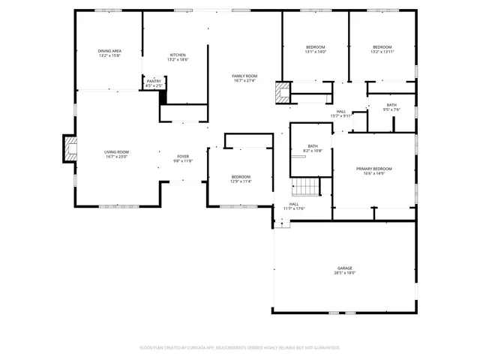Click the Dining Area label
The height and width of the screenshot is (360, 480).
tap(109, 51)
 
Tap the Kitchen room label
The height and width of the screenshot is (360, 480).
tap(178, 55)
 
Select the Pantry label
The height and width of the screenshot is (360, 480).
tap(154, 81)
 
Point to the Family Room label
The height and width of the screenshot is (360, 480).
tap(244, 76)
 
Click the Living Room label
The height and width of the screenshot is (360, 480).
tap(116, 152)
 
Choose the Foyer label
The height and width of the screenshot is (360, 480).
tap(183, 156)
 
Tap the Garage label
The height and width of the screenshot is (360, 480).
tap(344, 268)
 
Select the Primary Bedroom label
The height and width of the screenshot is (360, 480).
tap(373, 169)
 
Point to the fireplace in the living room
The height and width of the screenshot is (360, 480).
tap(69, 148)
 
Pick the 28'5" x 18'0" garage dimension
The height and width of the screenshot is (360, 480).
tap(344, 273)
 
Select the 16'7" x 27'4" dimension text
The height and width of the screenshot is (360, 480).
tap(244, 81)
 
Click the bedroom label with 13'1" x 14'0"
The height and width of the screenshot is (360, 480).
tap(316, 47)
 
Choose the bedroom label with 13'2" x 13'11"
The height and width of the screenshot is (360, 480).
tap(382, 47)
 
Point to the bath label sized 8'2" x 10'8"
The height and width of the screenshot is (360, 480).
tap(313, 146)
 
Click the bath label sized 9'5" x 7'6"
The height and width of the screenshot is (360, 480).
tap(391, 105)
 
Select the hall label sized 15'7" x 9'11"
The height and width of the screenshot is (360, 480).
tap(341, 112)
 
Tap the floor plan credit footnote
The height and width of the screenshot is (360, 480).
tap(240, 347)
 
